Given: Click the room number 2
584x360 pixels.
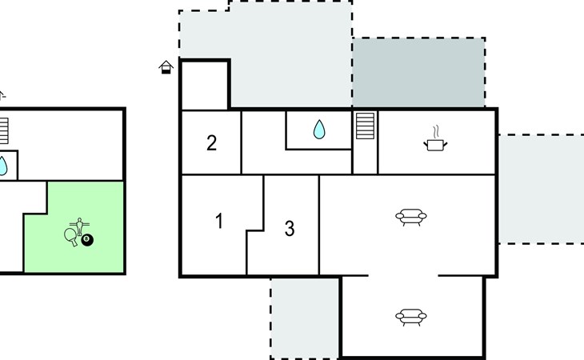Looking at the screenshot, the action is click(211, 143).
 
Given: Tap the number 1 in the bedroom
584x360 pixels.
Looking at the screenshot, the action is click(219, 221).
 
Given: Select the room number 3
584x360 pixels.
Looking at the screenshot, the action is click(290, 229).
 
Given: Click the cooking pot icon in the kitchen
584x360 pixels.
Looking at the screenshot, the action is click(435, 145).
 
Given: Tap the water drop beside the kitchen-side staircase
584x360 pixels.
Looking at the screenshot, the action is click(319, 129).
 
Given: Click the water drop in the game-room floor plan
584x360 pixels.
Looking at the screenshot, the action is click(2, 166).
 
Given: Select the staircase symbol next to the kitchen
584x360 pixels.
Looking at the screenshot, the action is click(365, 126).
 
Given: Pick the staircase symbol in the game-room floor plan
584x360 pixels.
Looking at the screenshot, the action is click(4, 131).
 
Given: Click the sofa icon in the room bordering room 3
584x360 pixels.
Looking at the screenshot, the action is click(411, 217).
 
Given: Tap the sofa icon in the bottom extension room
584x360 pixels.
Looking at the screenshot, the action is click(411, 317).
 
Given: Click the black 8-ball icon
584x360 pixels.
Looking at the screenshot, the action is click(87, 240).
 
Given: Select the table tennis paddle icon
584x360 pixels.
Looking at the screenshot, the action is click(70, 237).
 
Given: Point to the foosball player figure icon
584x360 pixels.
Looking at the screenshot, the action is click(79, 226).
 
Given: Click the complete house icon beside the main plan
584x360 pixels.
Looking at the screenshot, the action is click(166, 67).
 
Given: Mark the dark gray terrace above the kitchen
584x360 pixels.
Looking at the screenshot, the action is click(418, 73).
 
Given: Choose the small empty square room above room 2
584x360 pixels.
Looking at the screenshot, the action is click(204, 86).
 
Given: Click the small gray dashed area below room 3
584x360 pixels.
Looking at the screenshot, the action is click(305, 318).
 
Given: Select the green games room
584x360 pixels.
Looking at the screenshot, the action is click(74, 227).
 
